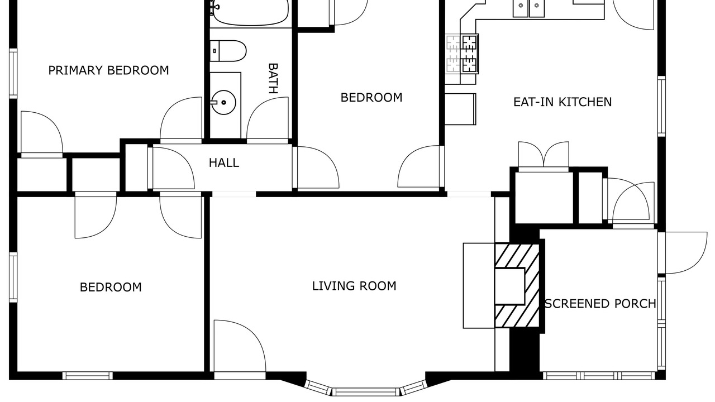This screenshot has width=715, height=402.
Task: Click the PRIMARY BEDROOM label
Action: [x=108, y=70]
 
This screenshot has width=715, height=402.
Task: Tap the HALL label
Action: [x=224, y=163]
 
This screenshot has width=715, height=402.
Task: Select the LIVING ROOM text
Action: [x=354, y=286]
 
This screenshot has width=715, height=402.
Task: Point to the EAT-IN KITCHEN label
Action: [x=563, y=102]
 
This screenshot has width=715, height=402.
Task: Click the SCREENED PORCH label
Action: [x=600, y=304]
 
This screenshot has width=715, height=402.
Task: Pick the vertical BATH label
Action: [x=273, y=79]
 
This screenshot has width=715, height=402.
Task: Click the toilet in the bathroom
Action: [x=228, y=51]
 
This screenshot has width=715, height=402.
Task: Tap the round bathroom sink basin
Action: [x=224, y=102]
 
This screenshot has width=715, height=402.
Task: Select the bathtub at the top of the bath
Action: [x=251, y=13]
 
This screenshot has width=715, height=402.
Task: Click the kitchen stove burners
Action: [x=470, y=54]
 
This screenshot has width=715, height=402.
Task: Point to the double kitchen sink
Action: [x=528, y=8]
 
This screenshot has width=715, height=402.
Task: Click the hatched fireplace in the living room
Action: [x=517, y=286]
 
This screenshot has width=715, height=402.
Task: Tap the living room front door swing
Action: [x=240, y=346]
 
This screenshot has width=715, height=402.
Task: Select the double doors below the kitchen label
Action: [x=544, y=154]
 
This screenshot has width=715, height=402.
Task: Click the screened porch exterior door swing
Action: [x=683, y=253]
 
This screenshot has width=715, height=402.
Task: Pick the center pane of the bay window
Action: [x=366, y=391]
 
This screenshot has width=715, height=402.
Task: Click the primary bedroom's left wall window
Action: [x=13, y=74]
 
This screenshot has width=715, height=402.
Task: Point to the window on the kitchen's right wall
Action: [x=661, y=106]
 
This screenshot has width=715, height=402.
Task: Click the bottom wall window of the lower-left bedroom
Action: [x=88, y=376]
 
